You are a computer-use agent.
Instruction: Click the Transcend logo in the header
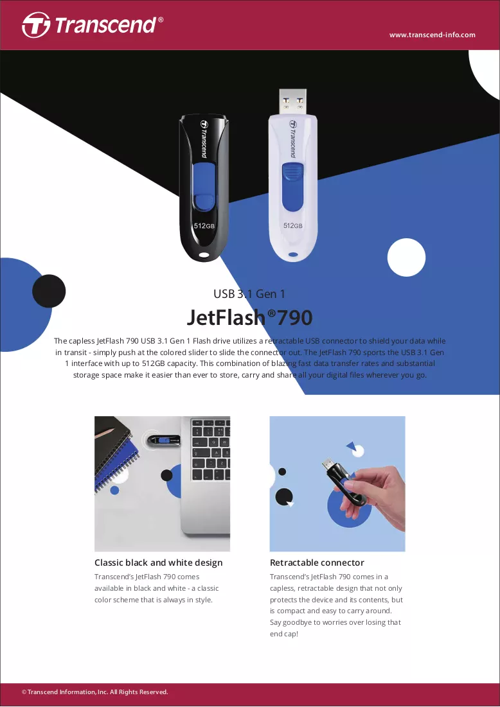coord(93,25)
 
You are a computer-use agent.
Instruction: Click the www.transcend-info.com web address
coord(433,35)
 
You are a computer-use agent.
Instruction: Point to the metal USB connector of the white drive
coord(292,101)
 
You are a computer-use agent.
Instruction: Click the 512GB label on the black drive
coord(204,225)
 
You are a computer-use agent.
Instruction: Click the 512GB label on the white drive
coord(293,225)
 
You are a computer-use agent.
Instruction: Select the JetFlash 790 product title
coord(249,317)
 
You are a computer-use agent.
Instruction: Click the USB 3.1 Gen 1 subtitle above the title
coord(249,294)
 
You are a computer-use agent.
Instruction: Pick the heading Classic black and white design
coord(158,563)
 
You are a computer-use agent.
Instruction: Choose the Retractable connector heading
coord(317,563)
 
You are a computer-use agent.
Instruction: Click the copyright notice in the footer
coord(94,692)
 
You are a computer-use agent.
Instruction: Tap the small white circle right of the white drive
coord(406,257)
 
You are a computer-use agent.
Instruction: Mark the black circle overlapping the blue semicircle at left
coord(49,291)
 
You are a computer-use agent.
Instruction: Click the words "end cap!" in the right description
coord(284,634)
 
